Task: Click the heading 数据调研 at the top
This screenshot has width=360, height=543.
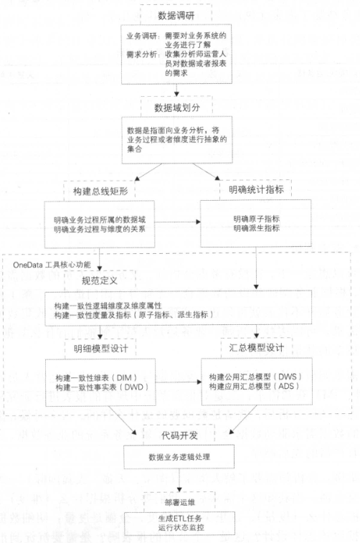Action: (176, 16)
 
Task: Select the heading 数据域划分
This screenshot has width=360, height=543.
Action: (177, 108)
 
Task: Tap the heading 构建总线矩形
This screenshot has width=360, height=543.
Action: (100, 191)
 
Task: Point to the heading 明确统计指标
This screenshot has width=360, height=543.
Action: (256, 189)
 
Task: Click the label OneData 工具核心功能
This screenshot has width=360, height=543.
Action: (52, 265)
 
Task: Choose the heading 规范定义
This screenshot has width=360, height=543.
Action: (100, 280)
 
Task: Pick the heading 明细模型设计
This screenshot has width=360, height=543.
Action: (100, 349)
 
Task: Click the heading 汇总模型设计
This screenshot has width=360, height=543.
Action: (257, 348)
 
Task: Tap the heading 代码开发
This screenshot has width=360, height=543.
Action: (180, 435)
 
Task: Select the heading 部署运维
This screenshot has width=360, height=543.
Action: (180, 502)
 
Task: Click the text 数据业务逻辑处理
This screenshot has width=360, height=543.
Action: (179, 457)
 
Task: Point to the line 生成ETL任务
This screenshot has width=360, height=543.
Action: (180, 519)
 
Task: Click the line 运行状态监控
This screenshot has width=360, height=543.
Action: (181, 527)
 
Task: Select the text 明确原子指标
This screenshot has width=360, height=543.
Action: (257, 219)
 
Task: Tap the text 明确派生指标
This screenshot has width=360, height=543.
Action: (257, 228)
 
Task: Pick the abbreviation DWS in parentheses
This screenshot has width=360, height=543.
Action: (288, 377)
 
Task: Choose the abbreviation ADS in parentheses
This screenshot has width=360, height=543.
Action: (287, 386)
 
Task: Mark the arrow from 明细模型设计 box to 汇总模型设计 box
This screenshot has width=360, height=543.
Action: (179, 382)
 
